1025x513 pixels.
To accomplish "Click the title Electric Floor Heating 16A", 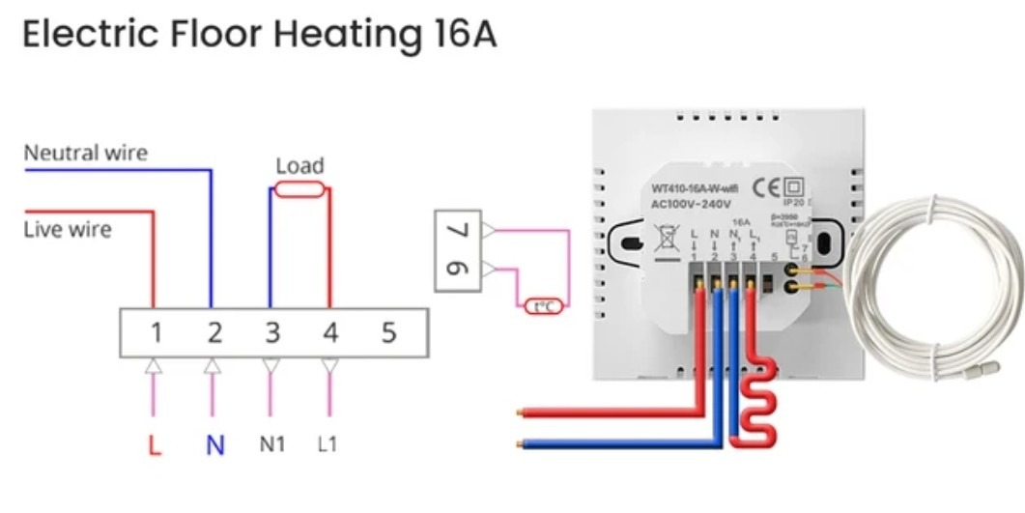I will click(x=259, y=34).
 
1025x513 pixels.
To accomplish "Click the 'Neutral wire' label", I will click(x=85, y=153).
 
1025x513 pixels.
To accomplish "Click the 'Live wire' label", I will click(x=67, y=230).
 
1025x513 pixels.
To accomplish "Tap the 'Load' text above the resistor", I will click(x=299, y=165).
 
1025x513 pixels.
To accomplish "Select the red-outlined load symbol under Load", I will click(x=299, y=191).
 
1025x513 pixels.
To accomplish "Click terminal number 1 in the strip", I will click(x=156, y=333).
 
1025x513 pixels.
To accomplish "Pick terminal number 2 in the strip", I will click(x=214, y=333).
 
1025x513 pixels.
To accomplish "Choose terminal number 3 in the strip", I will click(x=272, y=333).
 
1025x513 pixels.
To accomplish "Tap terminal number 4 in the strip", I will click(x=330, y=333).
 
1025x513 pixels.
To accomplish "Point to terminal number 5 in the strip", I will click(x=388, y=333).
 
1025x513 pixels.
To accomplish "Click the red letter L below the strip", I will click(x=154, y=445).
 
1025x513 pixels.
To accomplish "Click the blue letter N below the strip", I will click(x=214, y=445).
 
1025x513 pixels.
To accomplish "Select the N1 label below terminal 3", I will click(x=272, y=444).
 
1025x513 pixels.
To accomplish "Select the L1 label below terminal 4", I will click(x=328, y=444).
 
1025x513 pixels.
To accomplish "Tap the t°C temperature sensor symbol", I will click(x=544, y=307).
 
